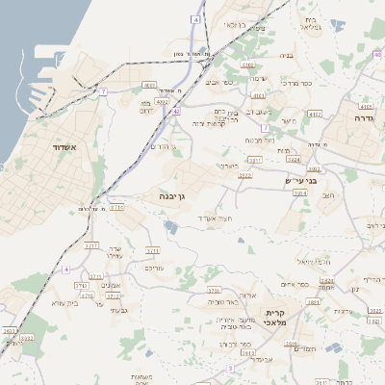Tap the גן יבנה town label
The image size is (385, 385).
point(177,195)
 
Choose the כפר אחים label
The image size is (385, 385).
point(293,284)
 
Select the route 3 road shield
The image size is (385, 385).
point(230,368)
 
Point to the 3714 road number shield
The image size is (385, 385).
point(116,207)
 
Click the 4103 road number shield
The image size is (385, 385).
point(258,96)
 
